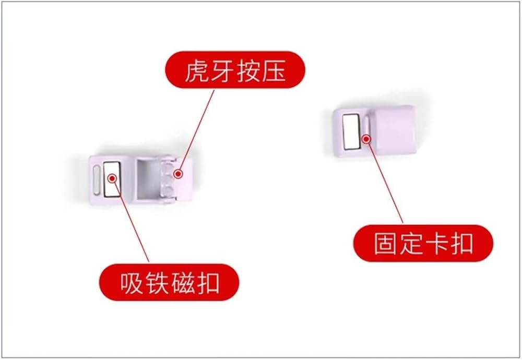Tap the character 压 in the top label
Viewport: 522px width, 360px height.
point(274,71)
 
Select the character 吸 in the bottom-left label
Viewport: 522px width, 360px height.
point(132,283)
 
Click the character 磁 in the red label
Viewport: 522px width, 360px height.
point(182,283)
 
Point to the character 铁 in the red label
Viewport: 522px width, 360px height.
point(157,283)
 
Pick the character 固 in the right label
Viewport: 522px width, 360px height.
point(386,244)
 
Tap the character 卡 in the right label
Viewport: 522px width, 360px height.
point(436,244)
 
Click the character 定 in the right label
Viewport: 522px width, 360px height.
point(411,244)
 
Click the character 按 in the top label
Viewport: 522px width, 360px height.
point(248,71)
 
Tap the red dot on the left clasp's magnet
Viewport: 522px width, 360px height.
point(112,178)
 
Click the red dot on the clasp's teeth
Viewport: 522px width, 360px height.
point(179,174)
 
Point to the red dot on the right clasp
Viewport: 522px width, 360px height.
point(366,139)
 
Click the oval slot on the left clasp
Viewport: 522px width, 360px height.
point(96,179)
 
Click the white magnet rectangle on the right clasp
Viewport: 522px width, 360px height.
point(351,131)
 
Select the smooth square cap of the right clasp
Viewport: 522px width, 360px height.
point(394,130)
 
